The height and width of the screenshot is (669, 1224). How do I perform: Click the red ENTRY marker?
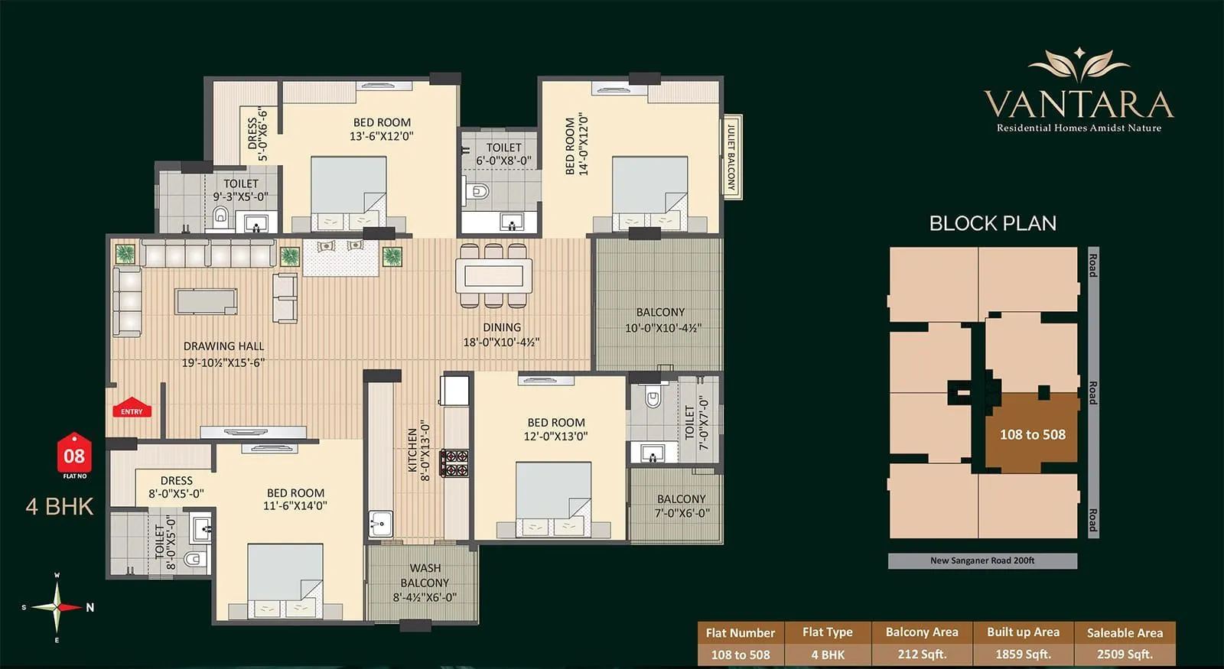point(132,408)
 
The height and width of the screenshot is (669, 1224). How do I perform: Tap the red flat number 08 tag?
point(74,456)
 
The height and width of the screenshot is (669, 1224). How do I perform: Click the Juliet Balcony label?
point(731,156)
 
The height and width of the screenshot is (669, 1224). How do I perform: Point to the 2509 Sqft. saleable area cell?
point(1125,654)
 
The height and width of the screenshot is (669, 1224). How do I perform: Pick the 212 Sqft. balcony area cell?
point(922,654)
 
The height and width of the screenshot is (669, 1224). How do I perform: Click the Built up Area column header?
point(1023,632)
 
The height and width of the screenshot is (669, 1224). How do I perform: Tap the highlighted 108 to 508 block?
point(1032,434)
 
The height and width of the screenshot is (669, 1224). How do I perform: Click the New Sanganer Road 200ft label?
point(982,560)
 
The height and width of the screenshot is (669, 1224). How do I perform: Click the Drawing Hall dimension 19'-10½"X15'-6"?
point(223,362)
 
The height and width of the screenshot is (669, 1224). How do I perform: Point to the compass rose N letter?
point(90,608)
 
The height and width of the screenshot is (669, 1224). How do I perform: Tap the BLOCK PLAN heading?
point(992,223)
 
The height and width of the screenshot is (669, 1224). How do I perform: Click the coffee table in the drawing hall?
point(206,301)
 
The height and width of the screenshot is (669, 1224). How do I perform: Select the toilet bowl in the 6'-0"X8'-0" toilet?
point(479,190)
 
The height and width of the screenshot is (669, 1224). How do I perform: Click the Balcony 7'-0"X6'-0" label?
point(681,505)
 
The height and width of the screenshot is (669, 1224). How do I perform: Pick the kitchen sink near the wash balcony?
point(380,524)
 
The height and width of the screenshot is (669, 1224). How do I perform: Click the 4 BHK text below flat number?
point(60,506)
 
